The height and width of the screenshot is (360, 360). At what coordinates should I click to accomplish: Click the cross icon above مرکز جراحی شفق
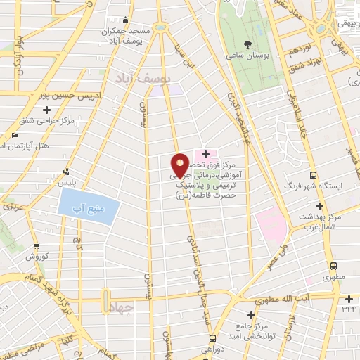click(47, 110)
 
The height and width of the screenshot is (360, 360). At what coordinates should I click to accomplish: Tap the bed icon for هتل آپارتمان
click(15, 135)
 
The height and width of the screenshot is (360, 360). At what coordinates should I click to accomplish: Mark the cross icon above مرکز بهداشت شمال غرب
click(320, 207)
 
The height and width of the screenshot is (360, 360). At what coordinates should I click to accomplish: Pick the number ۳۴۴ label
click(349, 308)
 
